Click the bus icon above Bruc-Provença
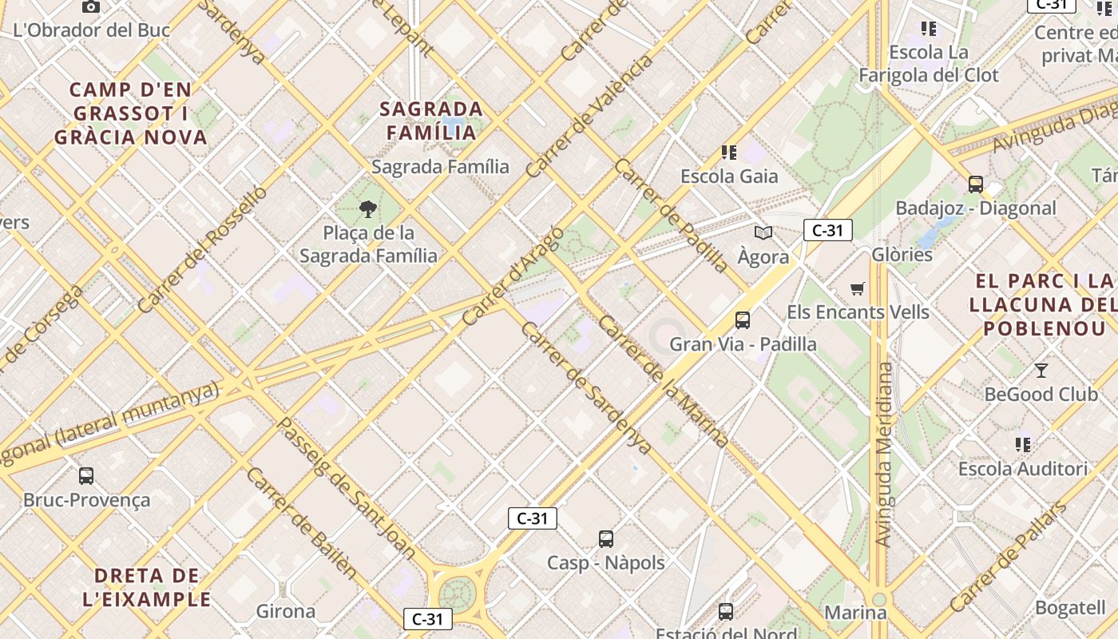(86, 476)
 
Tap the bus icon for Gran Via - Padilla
(743, 320)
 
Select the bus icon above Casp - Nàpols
(606, 539)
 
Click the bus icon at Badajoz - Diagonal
(975, 185)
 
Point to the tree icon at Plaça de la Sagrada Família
(368, 210)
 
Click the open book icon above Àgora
(763, 233)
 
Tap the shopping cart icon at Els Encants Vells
(858, 288)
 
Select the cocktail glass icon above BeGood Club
(1041, 371)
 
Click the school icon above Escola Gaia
(728, 152)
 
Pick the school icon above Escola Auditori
(1023, 444)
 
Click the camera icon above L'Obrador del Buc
(91, 7)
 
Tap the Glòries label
(902, 255)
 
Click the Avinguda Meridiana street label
(884, 454)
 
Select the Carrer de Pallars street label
(1008, 557)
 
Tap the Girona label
(285, 612)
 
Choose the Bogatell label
(1070, 607)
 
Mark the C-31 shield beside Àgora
(828, 231)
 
